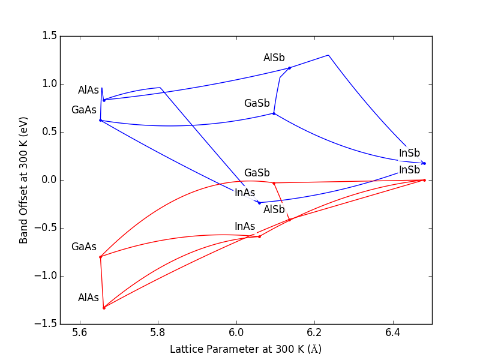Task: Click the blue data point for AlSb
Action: tap(289, 68)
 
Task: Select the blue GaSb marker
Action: tap(274, 113)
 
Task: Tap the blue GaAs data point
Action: tap(100, 120)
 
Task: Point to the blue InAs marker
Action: tap(259, 203)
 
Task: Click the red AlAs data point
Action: tap(104, 308)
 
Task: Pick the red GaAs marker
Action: tap(100, 257)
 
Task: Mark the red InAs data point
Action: tap(259, 236)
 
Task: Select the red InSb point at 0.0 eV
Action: tap(424, 180)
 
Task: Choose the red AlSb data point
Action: tap(289, 220)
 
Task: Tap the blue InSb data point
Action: tap(424, 163)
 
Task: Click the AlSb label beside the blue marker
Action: tap(274, 58)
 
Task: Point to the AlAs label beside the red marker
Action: tap(88, 298)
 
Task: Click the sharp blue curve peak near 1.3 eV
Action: tap(328, 55)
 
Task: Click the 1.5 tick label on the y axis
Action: tap(50, 36)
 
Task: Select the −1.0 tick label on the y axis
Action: tap(47, 276)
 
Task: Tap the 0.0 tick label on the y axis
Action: tap(50, 180)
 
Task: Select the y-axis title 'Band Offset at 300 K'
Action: tap(24, 180)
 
